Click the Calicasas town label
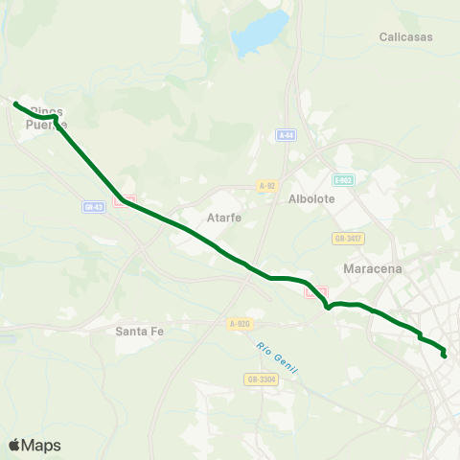tap(406, 37)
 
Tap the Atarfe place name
tap(223, 218)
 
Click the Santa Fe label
tap(137, 332)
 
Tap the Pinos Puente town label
tap(46, 117)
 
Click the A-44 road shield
tap(286, 135)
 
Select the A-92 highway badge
tap(267, 186)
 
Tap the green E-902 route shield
tap(342, 180)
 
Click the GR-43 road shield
tap(94, 206)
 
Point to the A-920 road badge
tap(239, 325)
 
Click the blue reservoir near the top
tap(258, 32)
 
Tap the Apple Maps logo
tap(34, 445)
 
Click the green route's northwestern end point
tap(16, 103)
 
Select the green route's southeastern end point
tap(445, 356)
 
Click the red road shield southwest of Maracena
tap(315, 291)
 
